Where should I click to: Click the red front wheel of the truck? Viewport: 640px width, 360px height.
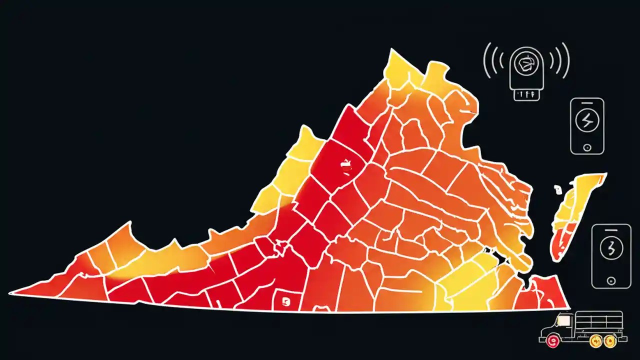(x=551, y=341)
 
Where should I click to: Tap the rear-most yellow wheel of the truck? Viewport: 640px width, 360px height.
(x=609, y=341)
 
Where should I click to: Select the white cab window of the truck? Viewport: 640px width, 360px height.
(x=564, y=320)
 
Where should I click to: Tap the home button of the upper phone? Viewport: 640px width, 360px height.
(x=587, y=147)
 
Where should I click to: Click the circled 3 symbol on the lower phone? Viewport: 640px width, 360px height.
(x=610, y=248)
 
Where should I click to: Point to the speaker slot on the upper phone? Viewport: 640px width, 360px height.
(x=587, y=103)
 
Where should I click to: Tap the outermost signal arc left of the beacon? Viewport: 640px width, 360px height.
(x=485, y=60)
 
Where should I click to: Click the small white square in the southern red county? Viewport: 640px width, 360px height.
(x=286, y=300)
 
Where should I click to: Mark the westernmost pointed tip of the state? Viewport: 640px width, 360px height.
(x=11, y=293)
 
